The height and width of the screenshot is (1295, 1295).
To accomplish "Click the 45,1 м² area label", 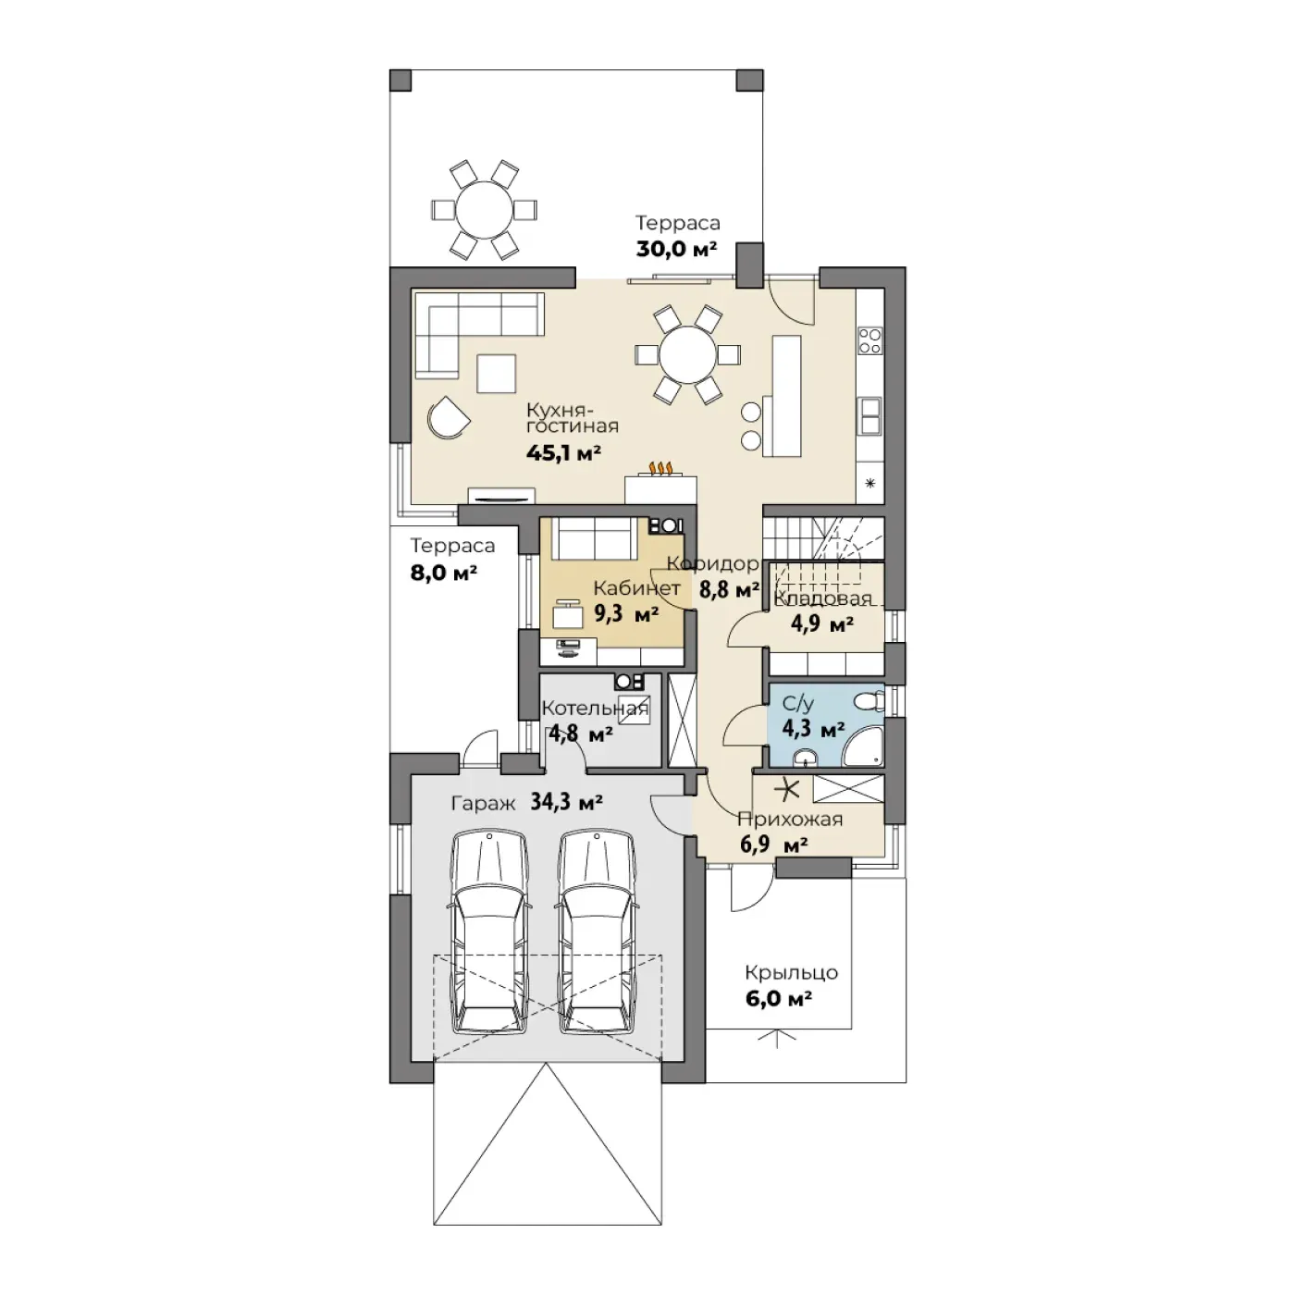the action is coord(563,453).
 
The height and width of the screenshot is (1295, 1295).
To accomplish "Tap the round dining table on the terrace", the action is coord(484,210).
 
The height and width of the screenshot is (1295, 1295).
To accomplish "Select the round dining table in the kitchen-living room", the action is coord(687,354).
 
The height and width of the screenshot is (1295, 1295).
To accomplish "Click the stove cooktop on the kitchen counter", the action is coord(870,340).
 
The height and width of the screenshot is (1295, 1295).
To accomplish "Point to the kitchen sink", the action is coord(869,415).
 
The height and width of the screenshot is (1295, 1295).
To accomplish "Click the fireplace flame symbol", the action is coord(660,468).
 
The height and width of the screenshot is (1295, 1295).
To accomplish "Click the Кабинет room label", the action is coord(636,588).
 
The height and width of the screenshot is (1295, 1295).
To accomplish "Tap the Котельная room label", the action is coord(595,708).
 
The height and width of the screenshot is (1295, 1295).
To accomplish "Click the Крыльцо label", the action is coord(791,972).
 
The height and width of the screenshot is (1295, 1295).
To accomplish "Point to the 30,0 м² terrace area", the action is coord(676,250).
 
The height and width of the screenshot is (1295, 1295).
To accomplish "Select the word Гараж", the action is coord(483,803).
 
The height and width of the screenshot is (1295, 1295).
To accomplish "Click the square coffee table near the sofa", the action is coord(496,373).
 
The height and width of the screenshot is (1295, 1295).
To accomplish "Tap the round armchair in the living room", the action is coord(448,417).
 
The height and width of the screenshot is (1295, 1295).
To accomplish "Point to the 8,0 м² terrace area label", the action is coord(443,573).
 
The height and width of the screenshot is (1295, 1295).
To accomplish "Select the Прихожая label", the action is coord(790,820).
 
